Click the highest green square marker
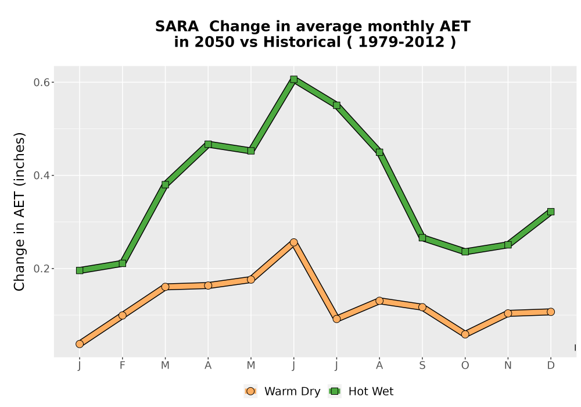294,79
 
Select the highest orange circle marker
294,242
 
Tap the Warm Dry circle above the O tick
465,334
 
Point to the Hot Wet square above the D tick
551,212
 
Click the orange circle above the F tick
122,316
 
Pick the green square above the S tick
422,238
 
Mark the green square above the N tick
508,245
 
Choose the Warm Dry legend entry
282,391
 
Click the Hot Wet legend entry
361,391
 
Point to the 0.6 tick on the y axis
41,83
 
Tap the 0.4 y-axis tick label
41,176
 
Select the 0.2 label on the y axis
41,269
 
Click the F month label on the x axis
122,366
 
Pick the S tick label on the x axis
422,366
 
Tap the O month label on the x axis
465,366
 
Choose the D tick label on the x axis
551,366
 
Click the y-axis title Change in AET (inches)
19,212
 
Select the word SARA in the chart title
177,27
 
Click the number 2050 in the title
215,42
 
